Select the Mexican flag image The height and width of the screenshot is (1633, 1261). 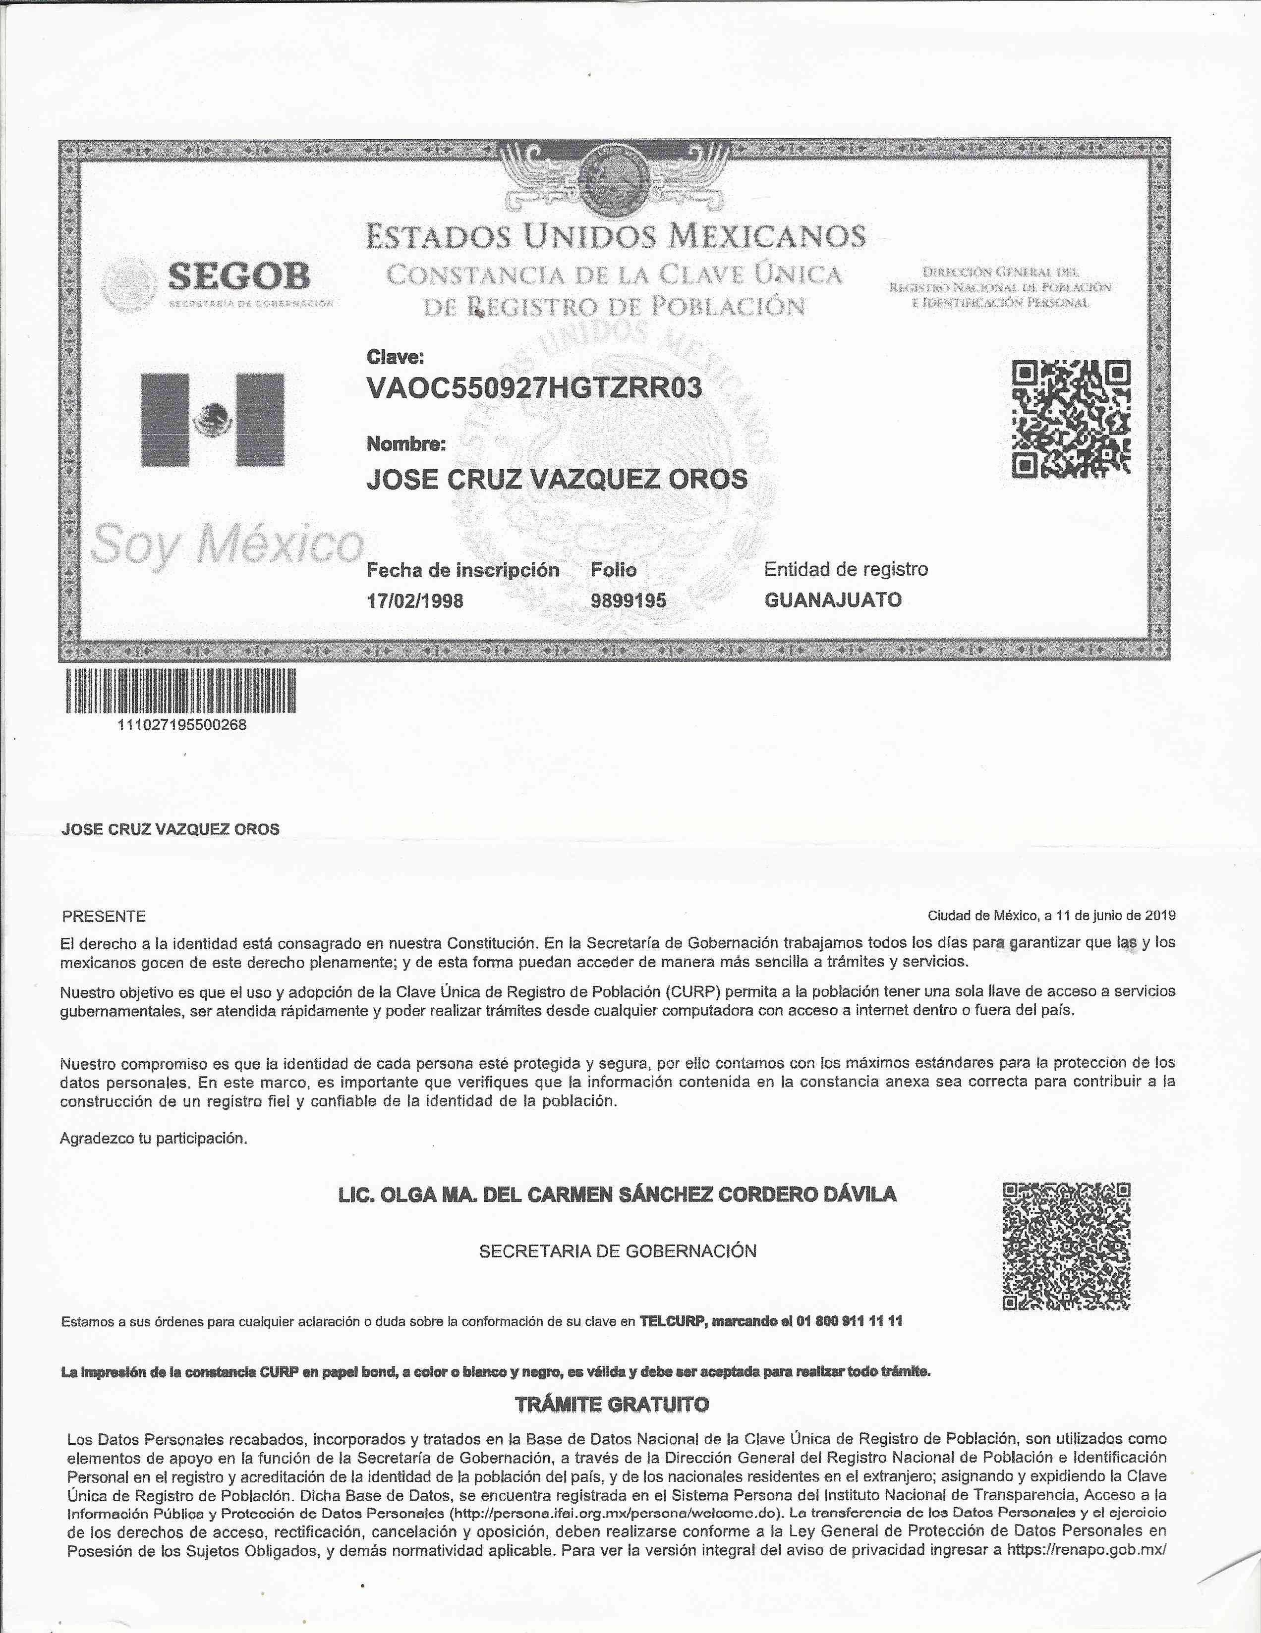pos(213,420)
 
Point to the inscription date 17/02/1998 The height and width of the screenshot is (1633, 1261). pos(414,600)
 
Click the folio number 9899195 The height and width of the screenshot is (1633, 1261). pos(628,600)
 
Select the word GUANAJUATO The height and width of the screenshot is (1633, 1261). pos(832,599)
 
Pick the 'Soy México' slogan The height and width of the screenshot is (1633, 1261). pos(226,546)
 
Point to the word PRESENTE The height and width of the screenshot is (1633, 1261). pos(104,917)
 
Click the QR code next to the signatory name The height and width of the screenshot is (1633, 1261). pos(1066,1247)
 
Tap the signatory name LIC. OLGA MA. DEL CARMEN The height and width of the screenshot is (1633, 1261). pos(617,1194)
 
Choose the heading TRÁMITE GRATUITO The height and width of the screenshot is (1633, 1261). pos(612,1404)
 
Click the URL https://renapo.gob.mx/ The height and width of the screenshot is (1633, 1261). pos(1086,1550)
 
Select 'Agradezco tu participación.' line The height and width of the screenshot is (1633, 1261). pos(153,1139)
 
